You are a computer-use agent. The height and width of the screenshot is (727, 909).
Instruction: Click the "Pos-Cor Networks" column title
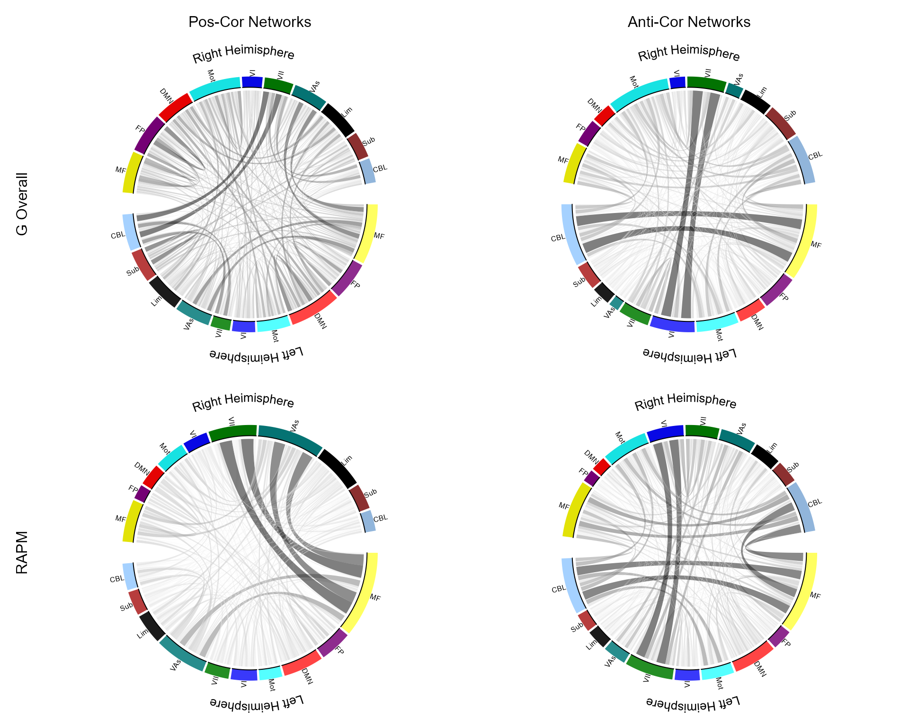[250, 22]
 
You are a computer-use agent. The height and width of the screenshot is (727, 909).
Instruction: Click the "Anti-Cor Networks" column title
[689, 22]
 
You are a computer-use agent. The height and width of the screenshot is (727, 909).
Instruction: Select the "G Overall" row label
[22, 204]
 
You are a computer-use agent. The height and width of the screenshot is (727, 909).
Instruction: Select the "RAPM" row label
[22, 552]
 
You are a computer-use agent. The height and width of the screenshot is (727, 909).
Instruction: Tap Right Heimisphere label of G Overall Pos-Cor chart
[243, 53]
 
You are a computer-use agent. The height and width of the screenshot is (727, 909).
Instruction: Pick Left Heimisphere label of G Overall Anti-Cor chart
[689, 354]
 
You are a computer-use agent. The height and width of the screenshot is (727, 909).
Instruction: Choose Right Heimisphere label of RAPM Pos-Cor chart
[243, 401]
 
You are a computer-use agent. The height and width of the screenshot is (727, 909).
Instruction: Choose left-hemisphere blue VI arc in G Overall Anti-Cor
[672, 324]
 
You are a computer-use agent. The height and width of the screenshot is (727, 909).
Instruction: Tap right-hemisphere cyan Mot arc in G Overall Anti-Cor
[639, 89]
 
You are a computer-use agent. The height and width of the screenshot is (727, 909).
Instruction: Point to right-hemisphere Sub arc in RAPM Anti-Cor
[784, 474]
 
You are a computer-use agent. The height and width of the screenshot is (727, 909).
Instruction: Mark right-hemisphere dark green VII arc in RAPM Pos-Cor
[232, 431]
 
